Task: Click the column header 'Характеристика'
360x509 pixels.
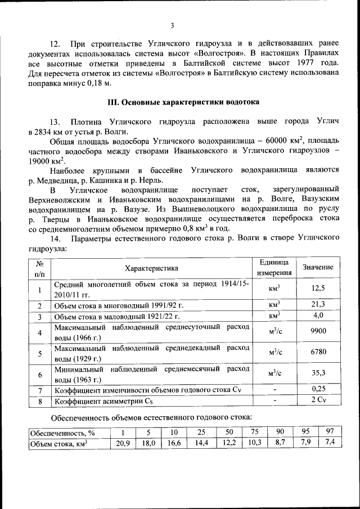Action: (151, 268)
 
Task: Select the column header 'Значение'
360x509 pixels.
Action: (318, 267)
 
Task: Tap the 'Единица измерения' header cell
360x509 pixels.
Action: (274, 268)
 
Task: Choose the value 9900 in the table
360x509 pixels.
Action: (318, 332)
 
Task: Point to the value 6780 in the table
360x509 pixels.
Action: (318, 353)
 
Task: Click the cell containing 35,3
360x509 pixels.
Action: (318, 373)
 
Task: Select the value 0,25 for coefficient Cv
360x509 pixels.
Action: (318, 390)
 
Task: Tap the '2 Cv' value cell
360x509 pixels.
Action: (318, 400)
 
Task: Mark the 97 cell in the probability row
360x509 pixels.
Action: (330, 431)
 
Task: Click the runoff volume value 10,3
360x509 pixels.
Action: (255, 443)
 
